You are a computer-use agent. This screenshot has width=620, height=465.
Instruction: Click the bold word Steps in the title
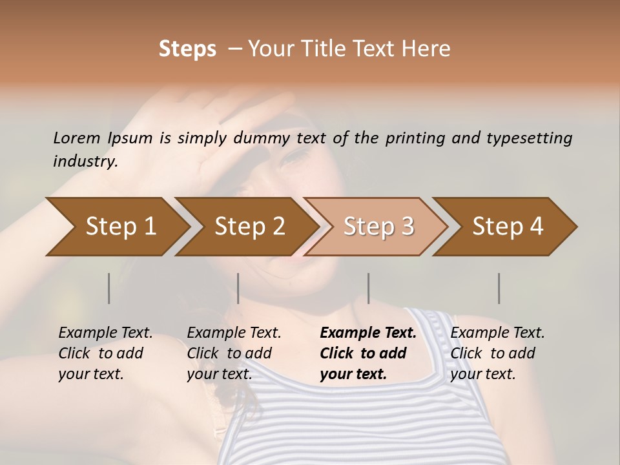(x=187, y=49)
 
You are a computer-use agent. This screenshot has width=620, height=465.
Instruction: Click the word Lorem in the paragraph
(x=76, y=138)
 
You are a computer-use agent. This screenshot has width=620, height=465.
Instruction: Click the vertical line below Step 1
(x=109, y=288)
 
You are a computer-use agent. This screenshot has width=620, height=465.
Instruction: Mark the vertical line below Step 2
(x=238, y=288)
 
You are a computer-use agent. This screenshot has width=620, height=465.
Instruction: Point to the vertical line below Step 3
(x=368, y=288)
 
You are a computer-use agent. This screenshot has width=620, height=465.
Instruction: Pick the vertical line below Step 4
(x=499, y=288)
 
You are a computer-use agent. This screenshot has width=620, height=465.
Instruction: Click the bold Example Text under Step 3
(x=368, y=333)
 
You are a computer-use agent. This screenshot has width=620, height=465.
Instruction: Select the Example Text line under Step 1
(x=105, y=333)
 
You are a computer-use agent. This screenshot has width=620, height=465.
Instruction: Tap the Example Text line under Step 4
(x=497, y=333)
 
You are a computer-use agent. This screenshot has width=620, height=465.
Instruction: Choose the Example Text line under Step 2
(x=234, y=333)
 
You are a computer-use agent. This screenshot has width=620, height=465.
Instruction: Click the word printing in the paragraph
(x=413, y=138)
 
